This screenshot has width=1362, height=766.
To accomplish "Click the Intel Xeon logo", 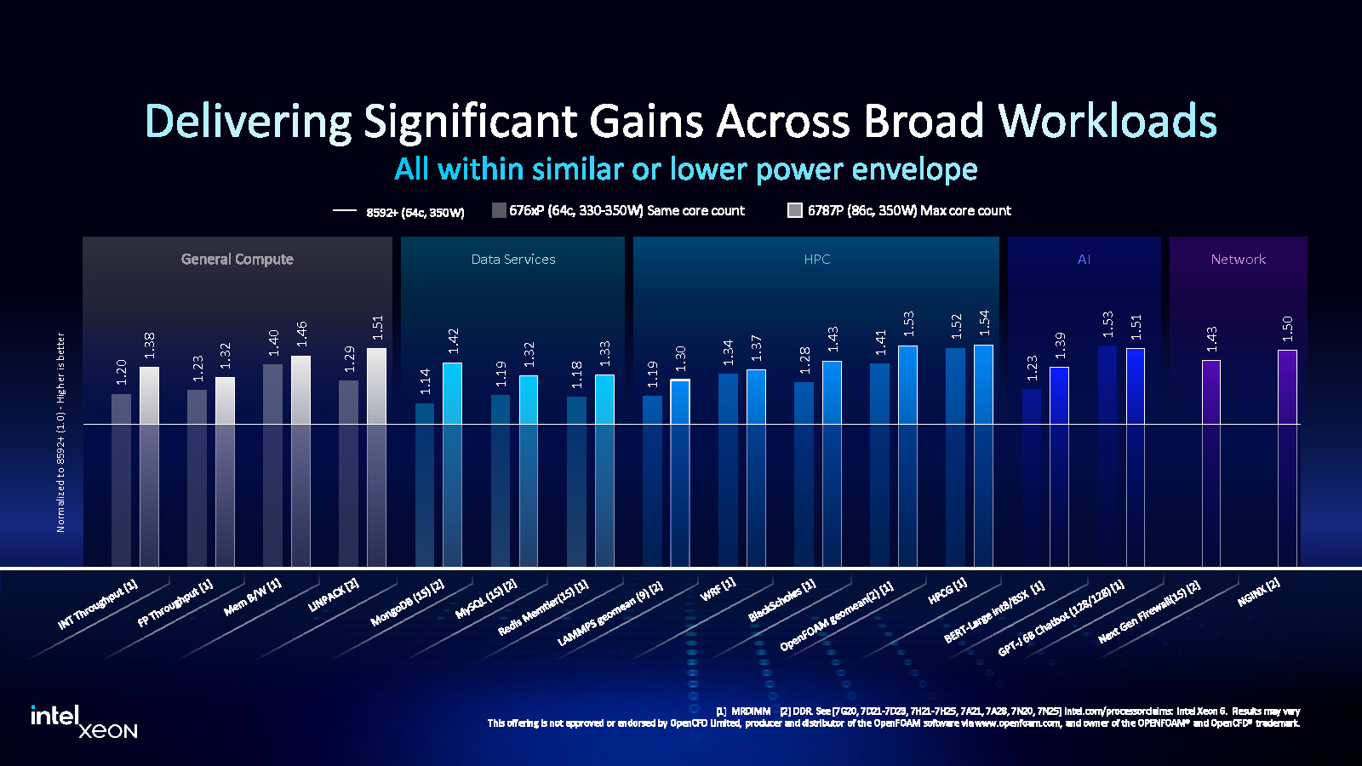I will coord(83,721).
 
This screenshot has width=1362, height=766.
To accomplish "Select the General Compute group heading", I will coord(237,260).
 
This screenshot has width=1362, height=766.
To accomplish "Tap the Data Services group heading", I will coord(513,260).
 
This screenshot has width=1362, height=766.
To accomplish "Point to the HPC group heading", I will coord(816,260).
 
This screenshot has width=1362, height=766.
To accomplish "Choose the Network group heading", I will coord(1238,260).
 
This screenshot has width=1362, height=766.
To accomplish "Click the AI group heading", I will coord(1084,260).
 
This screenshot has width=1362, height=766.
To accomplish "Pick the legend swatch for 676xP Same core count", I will coord(499,210).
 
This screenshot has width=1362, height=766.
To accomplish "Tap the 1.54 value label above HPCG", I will coord(984,323).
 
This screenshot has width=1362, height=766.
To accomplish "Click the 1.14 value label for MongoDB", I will coord(426,380).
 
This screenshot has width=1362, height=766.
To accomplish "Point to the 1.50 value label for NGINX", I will coord(1287,329).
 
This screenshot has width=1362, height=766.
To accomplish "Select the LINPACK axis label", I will coord(334,596).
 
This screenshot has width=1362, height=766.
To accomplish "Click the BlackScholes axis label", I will coord(781,600).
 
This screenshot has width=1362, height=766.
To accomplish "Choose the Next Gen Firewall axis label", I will coord(1149,611).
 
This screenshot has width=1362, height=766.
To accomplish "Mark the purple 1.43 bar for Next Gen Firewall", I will coord(1210,460).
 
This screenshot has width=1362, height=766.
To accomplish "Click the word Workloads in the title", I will coord(1107,121).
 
